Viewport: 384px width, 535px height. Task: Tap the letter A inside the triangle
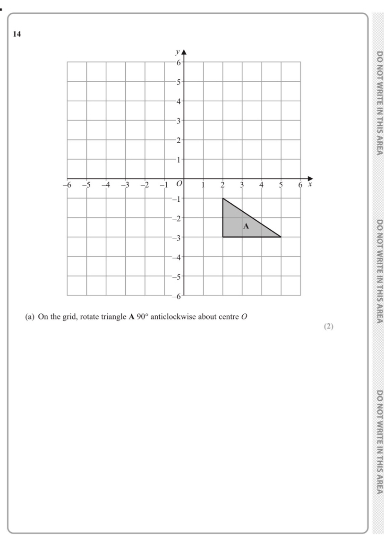coord(246,227)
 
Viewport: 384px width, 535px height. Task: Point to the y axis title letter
coord(177,52)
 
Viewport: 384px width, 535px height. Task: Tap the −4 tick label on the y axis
coord(176,257)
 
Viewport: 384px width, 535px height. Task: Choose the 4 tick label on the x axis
coord(261,185)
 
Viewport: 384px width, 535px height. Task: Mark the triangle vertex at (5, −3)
coord(281,237)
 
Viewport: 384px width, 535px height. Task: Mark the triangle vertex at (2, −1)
coord(223,198)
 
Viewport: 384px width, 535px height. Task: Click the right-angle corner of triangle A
coord(223,237)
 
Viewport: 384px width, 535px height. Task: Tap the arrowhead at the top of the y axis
coord(184,51)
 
